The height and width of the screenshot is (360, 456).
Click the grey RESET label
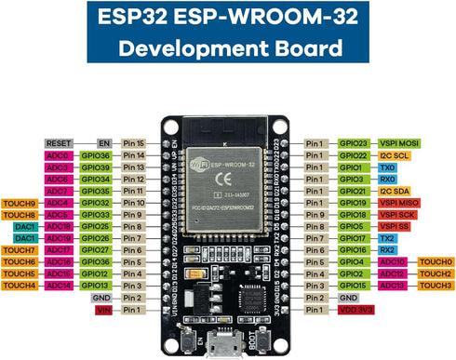(x=58, y=143)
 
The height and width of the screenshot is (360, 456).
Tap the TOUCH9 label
(x=19, y=203)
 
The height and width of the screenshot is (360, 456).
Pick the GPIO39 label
(x=96, y=167)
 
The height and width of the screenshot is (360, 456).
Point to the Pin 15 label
(x=134, y=143)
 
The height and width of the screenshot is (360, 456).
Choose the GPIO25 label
(x=96, y=226)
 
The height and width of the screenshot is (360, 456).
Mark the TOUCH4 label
(x=19, y=286)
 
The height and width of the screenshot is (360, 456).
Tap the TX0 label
(x=386, y=167)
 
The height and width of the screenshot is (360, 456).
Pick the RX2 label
(x=386, y=250)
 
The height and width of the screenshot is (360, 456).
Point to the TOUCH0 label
(x=436, y=262)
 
